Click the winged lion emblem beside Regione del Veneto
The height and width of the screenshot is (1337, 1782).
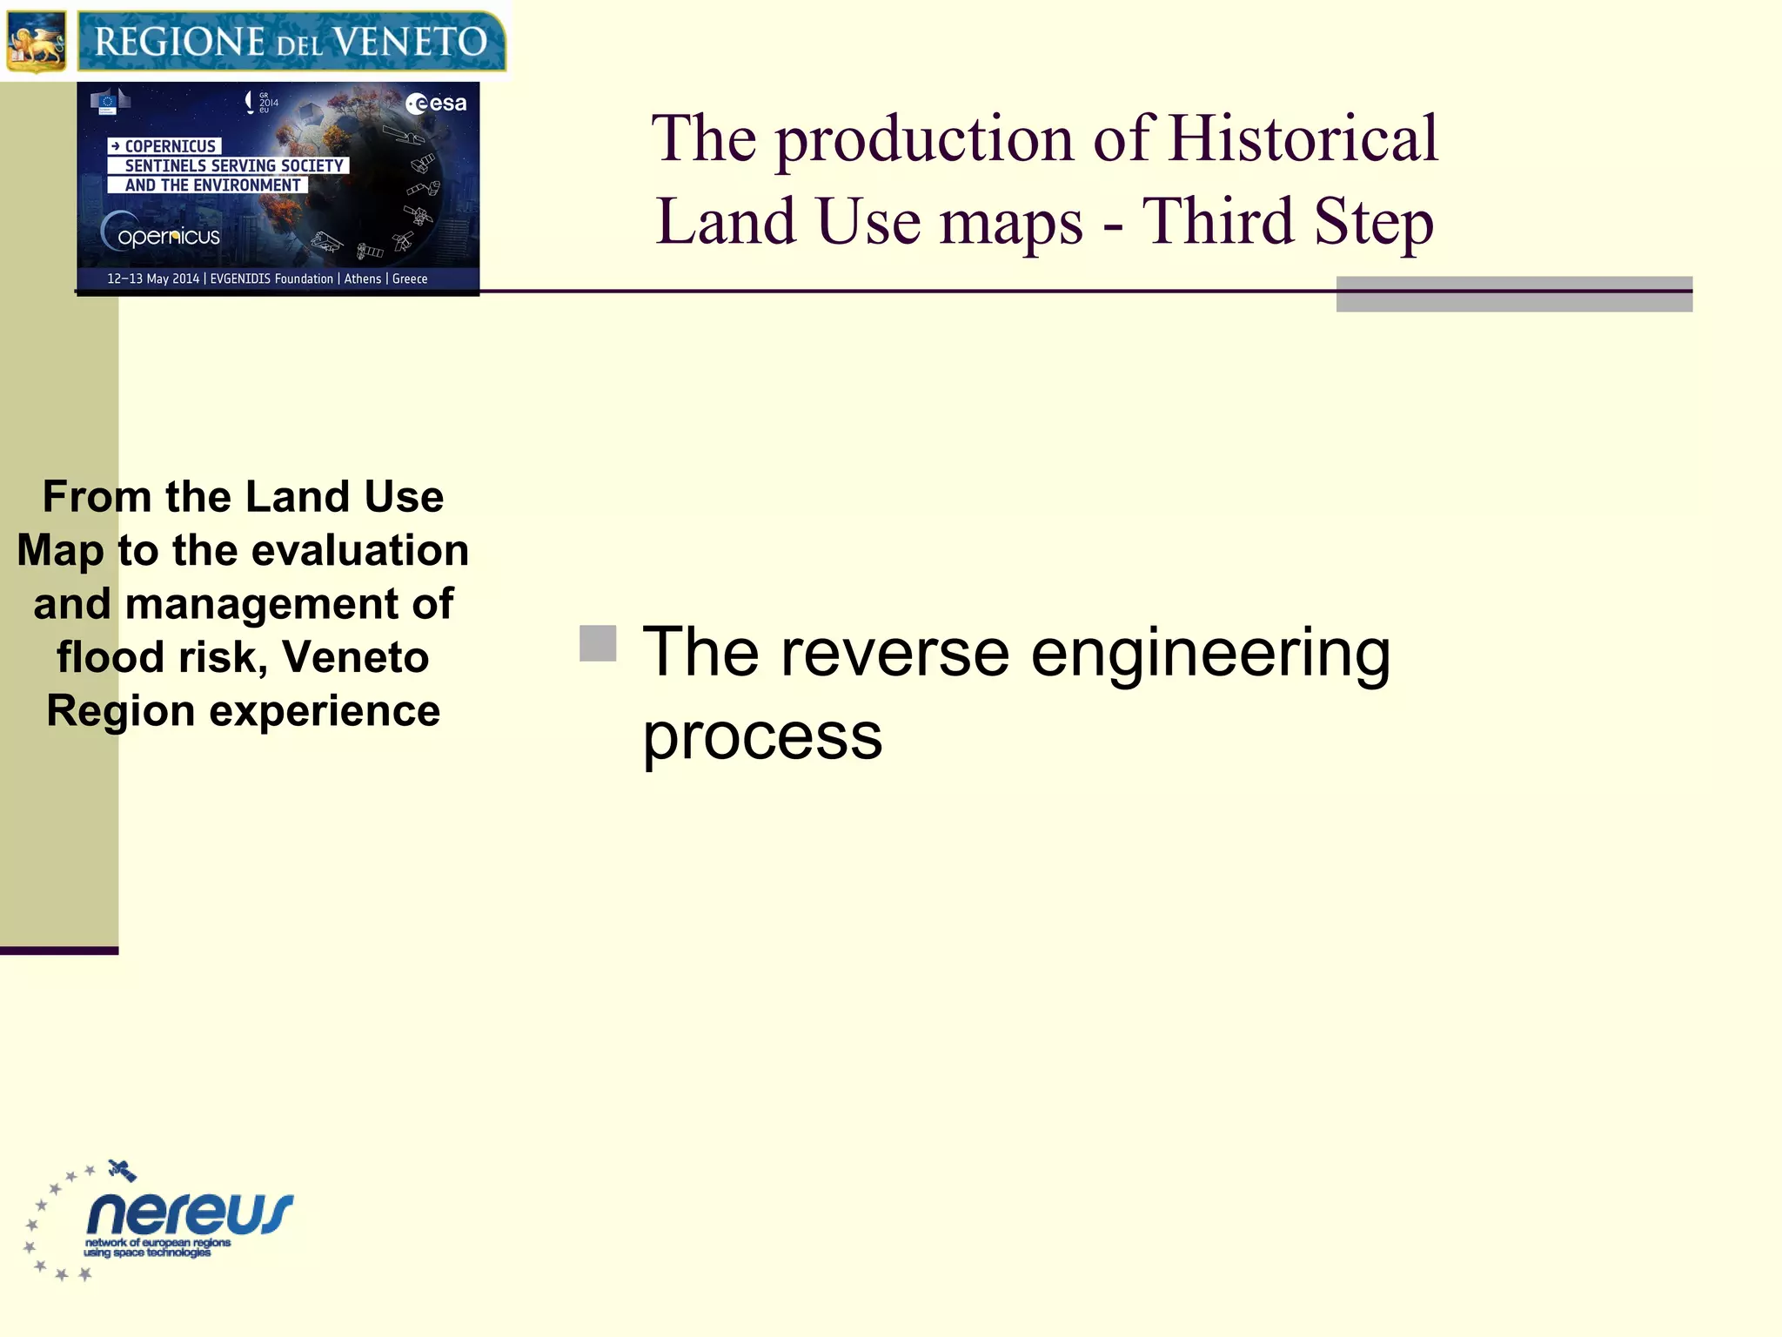click(x=37, y=42)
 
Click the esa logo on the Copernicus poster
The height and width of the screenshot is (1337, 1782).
click(x=437, y=104)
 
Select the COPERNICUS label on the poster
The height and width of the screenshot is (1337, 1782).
click(x=169, y=146)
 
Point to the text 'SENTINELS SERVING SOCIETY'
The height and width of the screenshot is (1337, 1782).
click(x=233, y=165)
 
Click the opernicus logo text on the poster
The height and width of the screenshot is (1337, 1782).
click(x=168, y=236)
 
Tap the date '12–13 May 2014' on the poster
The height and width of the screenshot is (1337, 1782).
click(x=153, y=279)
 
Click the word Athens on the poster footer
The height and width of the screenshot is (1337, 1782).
click(x=362, y=279)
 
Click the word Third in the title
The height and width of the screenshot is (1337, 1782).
click(x=1216, y=221)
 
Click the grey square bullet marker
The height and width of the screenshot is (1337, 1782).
click(x=598, y=644)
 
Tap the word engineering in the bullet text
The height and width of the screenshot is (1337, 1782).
click(x=1210, y=655)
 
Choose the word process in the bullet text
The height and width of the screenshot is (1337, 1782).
click(x=762, y=736)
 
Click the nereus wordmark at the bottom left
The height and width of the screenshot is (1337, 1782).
click(x=190, y=1213)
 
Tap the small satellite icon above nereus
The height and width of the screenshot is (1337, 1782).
click(x=122, y=1171)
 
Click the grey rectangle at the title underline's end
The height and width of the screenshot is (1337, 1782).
click(x=1514, y=294)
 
